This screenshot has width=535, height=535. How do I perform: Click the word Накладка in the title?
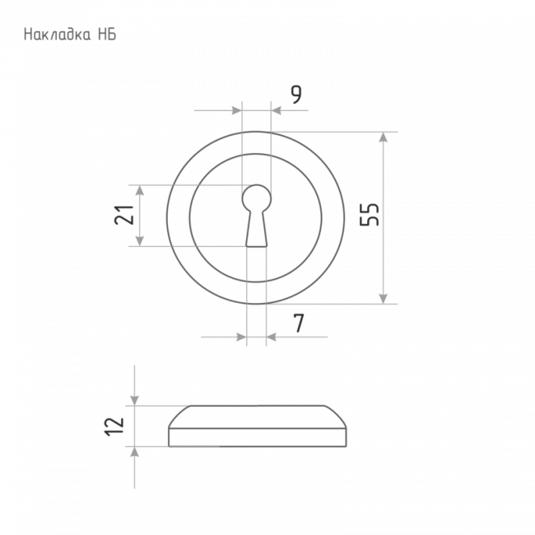click(58, 35)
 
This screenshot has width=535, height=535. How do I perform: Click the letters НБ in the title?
click(107, 35)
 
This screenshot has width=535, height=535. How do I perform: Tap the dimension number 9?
click(296, 95)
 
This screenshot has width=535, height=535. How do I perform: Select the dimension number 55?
click(370, 215)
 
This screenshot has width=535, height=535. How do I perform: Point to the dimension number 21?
click(123, 215)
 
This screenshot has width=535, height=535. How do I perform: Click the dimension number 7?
click(299, 323)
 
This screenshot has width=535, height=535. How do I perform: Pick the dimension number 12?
click(114, 426)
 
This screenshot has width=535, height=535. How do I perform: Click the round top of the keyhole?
click(257, 198)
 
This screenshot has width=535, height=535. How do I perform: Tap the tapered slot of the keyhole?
click(257, 229)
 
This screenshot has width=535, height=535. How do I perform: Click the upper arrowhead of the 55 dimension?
click(384, 137)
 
